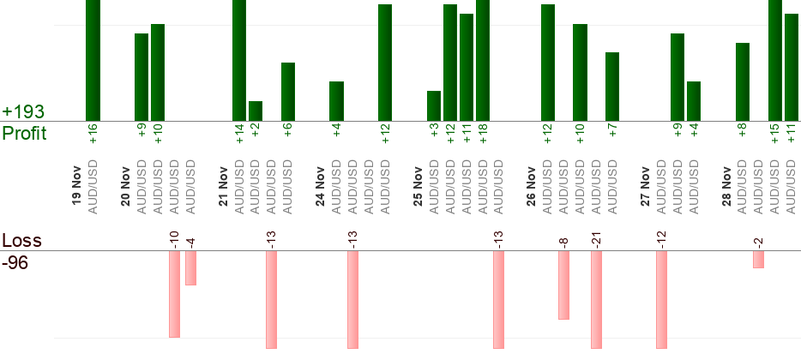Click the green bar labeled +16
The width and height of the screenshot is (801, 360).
[93, 60]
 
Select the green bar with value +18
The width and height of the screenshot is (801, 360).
[483, 60]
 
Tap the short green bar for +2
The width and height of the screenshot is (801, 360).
[256, 111]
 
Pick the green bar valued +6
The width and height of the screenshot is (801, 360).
[288, 92]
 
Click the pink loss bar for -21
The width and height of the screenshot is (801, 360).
[596, 299]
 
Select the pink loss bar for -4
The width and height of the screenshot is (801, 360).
[190, 267]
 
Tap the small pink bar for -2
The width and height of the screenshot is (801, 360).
[758, 259]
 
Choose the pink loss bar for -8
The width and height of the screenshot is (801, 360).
[563, 285]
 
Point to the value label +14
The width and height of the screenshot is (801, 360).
[240, 135]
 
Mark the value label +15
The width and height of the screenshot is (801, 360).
[775, 135]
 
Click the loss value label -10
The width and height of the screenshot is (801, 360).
[174, 239]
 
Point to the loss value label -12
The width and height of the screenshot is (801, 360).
[661, 239]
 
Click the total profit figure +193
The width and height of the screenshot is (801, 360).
[23, 112]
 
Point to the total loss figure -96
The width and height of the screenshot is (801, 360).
[15, 263]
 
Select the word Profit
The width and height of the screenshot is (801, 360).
[24, 134]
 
